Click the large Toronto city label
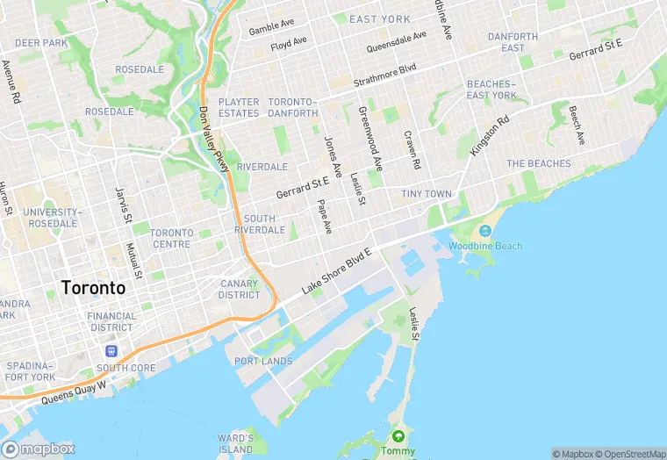pos(93,287)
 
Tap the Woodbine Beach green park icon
pos(485,231)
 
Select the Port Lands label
pos(263,361)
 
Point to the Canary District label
pos(239,289)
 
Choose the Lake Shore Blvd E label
pos(337,271)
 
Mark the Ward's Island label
pos(235,443)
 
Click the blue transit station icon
pos(111,350)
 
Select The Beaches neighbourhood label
pos(538,164)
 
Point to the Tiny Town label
pos(427,193)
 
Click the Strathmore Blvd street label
pos(384,75)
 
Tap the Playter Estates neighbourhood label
pos(239,108)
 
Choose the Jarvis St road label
pos(124,204)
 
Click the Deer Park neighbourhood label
pos(41,42)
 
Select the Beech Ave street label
pos(576,126)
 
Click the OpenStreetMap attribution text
pos(632,454)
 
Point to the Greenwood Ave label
pos(370,139)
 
